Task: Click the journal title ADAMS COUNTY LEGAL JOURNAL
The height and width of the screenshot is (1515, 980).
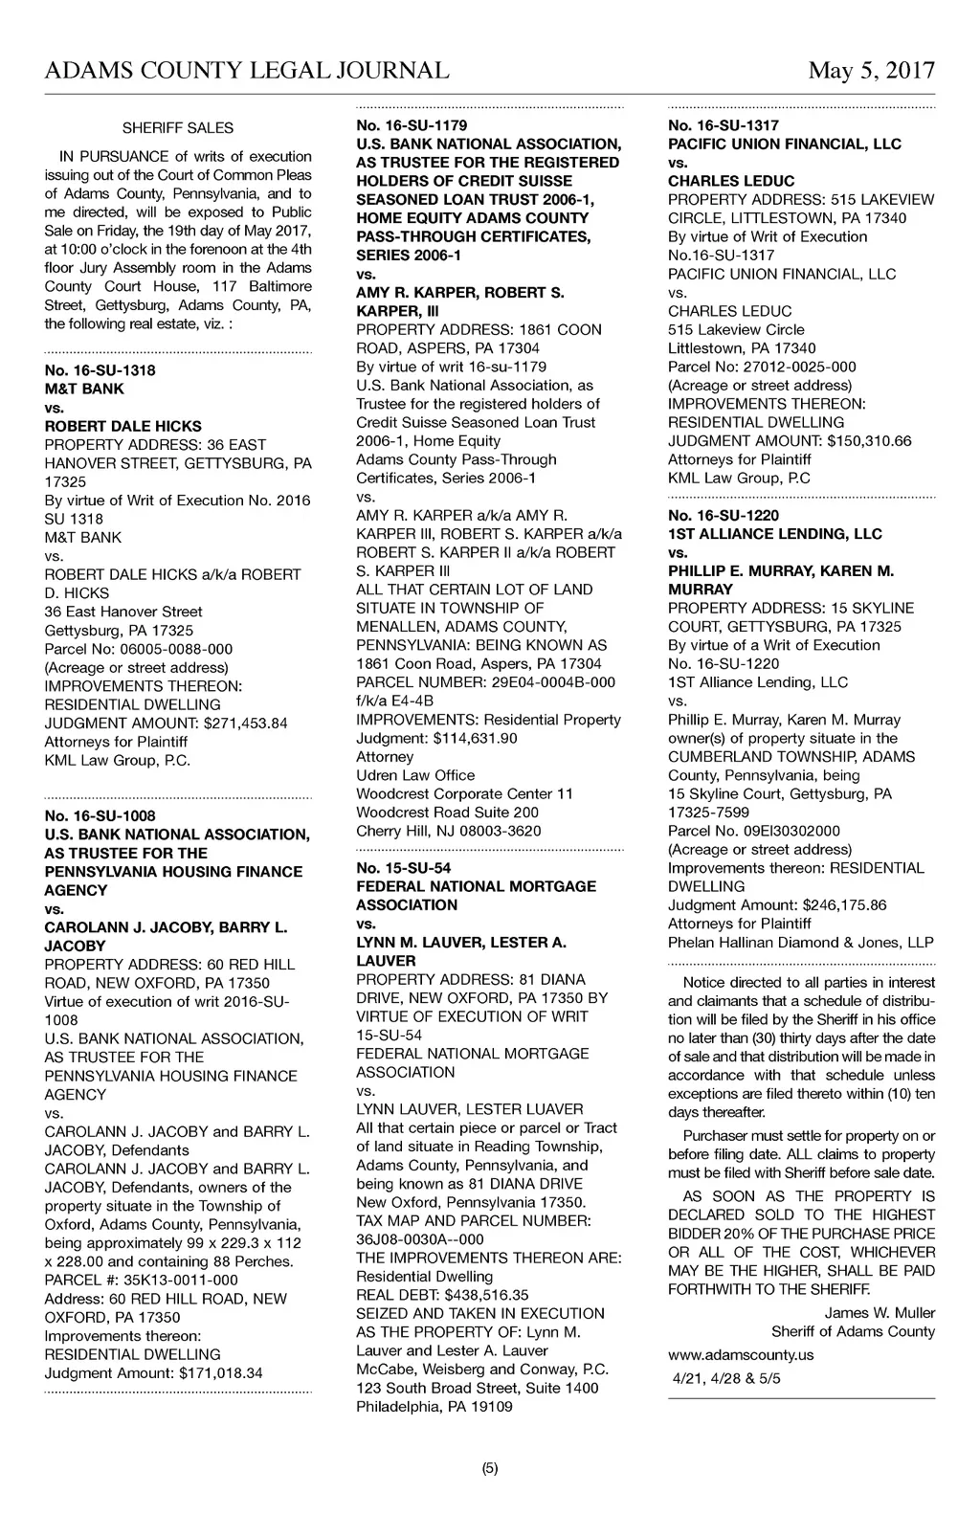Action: pyautogui.click(x=247, y=71)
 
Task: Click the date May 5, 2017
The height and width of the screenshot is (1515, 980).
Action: pyautogui.click(x=871, y=71)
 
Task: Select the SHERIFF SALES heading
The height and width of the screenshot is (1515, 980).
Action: pyautogui.click(x=178, y=128)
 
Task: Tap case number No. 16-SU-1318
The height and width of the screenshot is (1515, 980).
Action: pyautogui.click(x=100, y=370)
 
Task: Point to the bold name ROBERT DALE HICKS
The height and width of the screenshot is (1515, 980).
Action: pyautogui.click(x=122, y=426)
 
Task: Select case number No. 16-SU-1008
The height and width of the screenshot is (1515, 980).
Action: pyautogui.click(x=100, y=816)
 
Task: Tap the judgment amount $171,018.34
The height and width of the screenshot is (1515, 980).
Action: pyautogui.click(x=212, y=1373)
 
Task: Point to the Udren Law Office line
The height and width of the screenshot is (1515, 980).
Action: pyautogui.click(x=415, y=775)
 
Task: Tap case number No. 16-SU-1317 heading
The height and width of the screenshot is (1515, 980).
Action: pyautogui.click(x=724, y=125)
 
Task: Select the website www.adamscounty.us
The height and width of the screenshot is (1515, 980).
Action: pyautogui.click(x=741, y=1354)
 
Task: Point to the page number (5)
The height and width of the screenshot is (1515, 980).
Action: pyautogui.click(x=490, y=1469)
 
